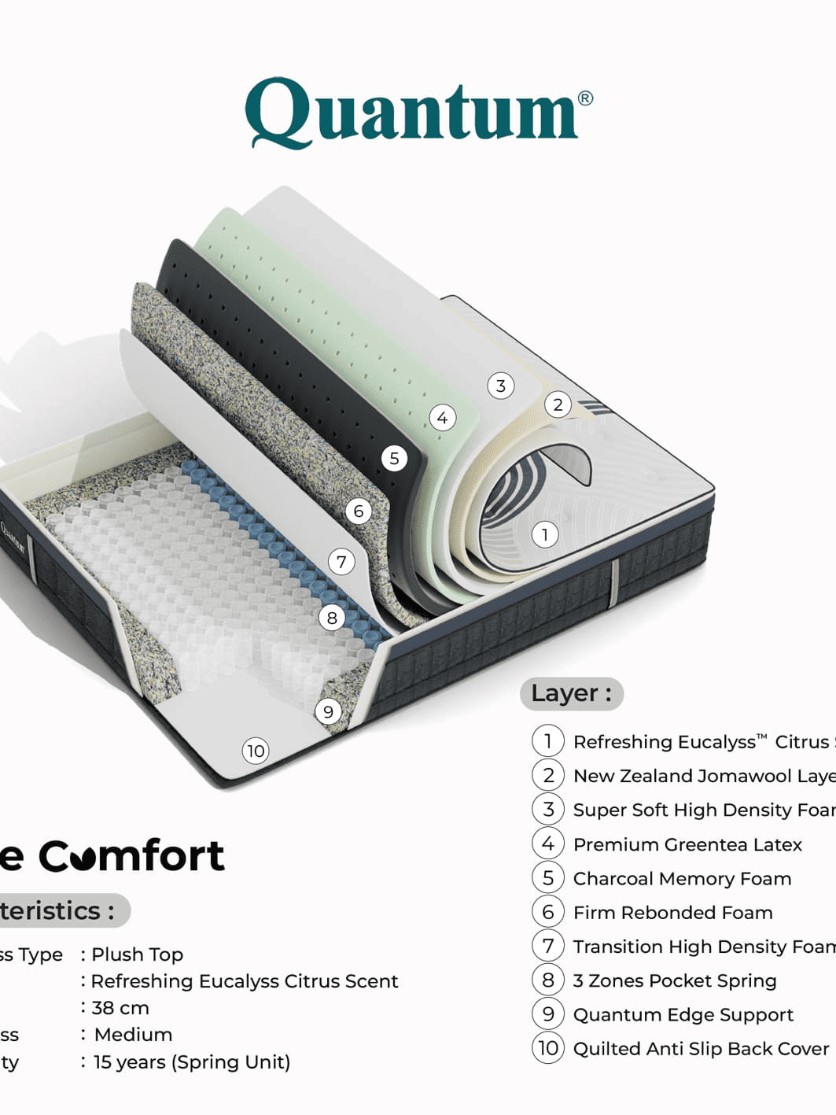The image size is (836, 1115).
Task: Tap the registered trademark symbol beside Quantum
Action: pos(585,98)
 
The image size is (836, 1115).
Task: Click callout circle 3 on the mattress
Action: pos(501,386)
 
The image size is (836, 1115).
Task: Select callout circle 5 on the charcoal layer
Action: pos(394,458)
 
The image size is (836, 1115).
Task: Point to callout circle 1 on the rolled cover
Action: pos(545,535)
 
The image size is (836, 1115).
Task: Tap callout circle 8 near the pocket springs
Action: pos(332,618)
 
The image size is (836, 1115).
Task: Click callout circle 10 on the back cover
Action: pos(256,751)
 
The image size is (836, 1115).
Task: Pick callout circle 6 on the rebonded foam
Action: pos(359,511)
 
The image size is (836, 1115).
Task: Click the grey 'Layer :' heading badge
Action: pos(571,693)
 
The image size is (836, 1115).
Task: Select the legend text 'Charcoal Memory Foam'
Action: pos(682,878)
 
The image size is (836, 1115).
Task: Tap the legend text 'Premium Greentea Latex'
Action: pos(687,844)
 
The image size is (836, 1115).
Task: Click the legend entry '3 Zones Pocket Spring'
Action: pos(675,980)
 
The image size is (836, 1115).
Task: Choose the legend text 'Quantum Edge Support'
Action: pos(683,1014)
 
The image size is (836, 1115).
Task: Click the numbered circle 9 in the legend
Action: pos(548,1013)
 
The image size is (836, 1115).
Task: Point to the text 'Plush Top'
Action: pos(138,954)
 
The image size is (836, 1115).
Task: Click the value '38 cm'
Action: pos(120,1007)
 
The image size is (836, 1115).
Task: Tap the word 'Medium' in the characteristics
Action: pos(133,1034)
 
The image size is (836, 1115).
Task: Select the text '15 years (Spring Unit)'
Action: pos(192,1061)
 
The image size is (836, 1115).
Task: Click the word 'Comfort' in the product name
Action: pos(131,856)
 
